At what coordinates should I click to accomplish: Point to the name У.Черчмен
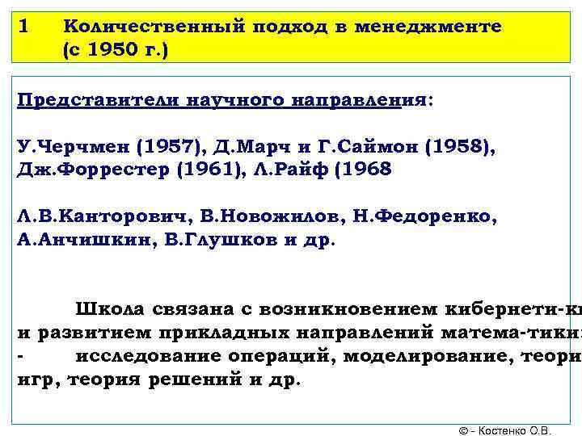[x=73, y=149]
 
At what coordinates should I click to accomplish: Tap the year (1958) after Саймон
[x=460, y=149]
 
